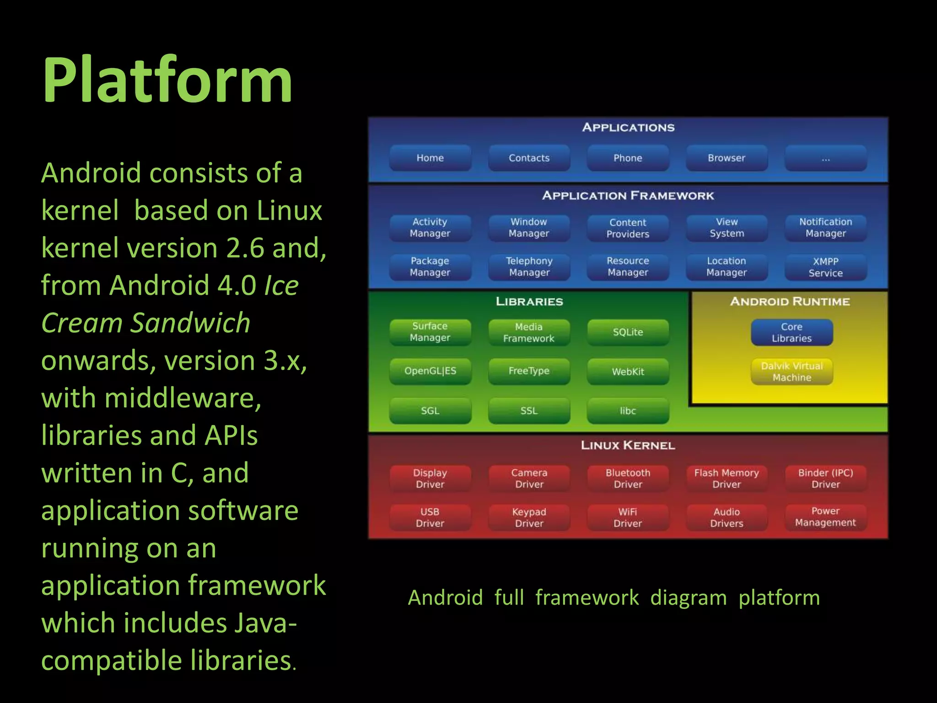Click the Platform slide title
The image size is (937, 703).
pos(167,81)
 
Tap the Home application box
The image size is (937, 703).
pos(430,158)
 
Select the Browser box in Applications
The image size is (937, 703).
pos(727,158)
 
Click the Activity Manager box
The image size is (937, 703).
pos(430,228)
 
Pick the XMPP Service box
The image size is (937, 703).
pos(825,267)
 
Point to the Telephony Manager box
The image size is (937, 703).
pos(529,267)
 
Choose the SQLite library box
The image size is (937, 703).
pos(628,332)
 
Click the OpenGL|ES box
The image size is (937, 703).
pos(430,371)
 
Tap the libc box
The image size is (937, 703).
pos(628,411)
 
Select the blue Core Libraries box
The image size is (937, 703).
pos(792,333)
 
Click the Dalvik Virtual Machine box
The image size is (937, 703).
pos(792,372)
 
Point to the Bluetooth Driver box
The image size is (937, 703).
pos(628,479)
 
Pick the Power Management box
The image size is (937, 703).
pos(825,517)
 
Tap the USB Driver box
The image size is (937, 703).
pos(430,518)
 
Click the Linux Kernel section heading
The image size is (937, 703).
pos(628,445)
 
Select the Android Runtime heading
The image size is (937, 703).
pos(790,302)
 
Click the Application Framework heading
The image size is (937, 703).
pos(628,196)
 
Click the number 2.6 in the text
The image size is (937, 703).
pos(245,248)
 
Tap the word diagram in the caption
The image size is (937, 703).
pos(688,598)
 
